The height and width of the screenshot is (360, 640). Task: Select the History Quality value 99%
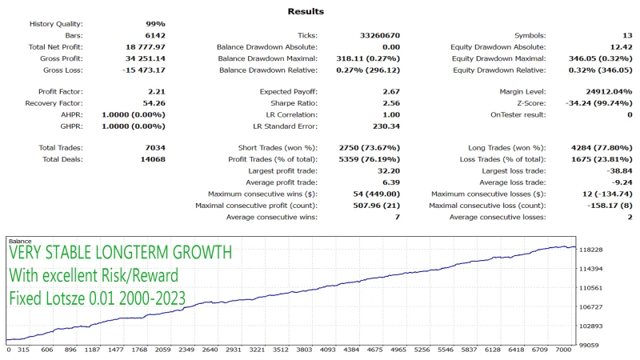click(x=155, y=24)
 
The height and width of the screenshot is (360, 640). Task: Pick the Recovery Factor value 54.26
click(x=151, y=103)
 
